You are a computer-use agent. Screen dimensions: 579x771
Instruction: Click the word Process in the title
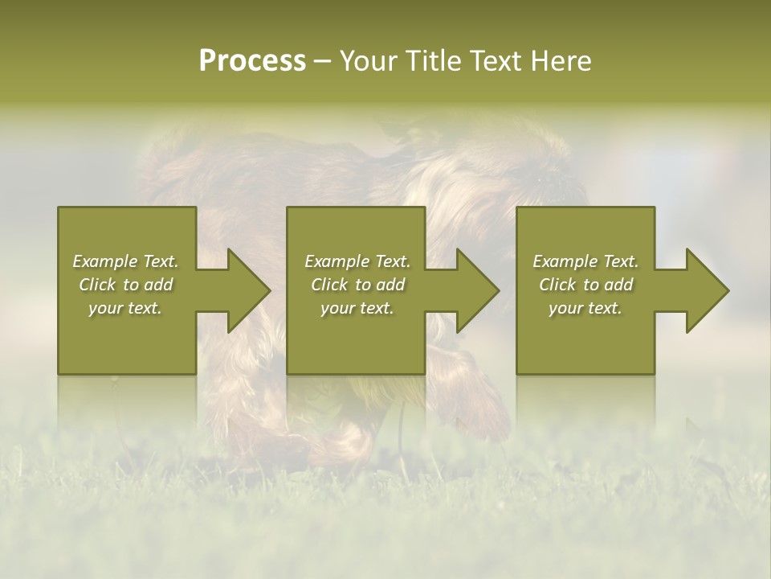coord(252,61)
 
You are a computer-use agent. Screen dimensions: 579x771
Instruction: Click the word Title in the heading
coord(433,61)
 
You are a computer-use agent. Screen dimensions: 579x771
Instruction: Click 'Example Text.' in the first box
coord(125,261)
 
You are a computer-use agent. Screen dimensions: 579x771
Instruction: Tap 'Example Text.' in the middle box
coord(357,261)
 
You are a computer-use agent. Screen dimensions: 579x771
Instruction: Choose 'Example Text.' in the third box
coord(585,261)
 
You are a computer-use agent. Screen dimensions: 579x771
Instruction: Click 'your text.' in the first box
coord(125,308)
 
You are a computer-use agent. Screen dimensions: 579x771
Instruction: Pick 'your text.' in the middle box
coord(357,308)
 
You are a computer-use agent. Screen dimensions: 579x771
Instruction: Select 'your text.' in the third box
coord(585,308)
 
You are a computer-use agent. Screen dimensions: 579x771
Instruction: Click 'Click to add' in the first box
coord(125,285)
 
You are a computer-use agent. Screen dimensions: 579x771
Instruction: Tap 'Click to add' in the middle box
coord(357,285)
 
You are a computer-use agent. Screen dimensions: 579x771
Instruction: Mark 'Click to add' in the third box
coord(585,285)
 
